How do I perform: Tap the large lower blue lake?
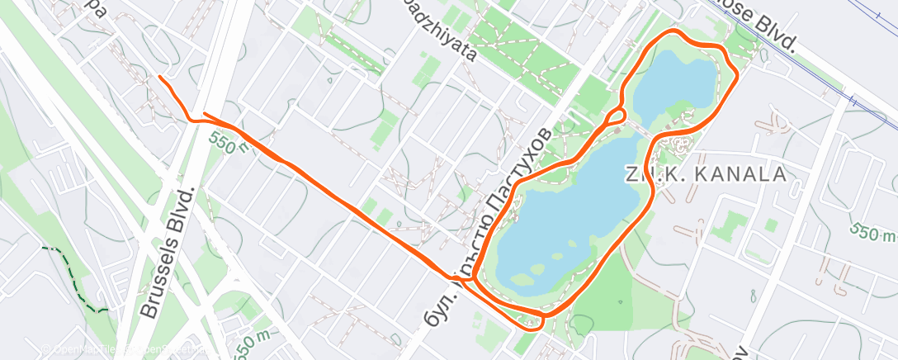coord(570,223)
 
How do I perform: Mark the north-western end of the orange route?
coord(159,78)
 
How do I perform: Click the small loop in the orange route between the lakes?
coord(617,117)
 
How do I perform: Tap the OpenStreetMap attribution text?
coord(165,349)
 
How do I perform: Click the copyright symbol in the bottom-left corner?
coord(47,349)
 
